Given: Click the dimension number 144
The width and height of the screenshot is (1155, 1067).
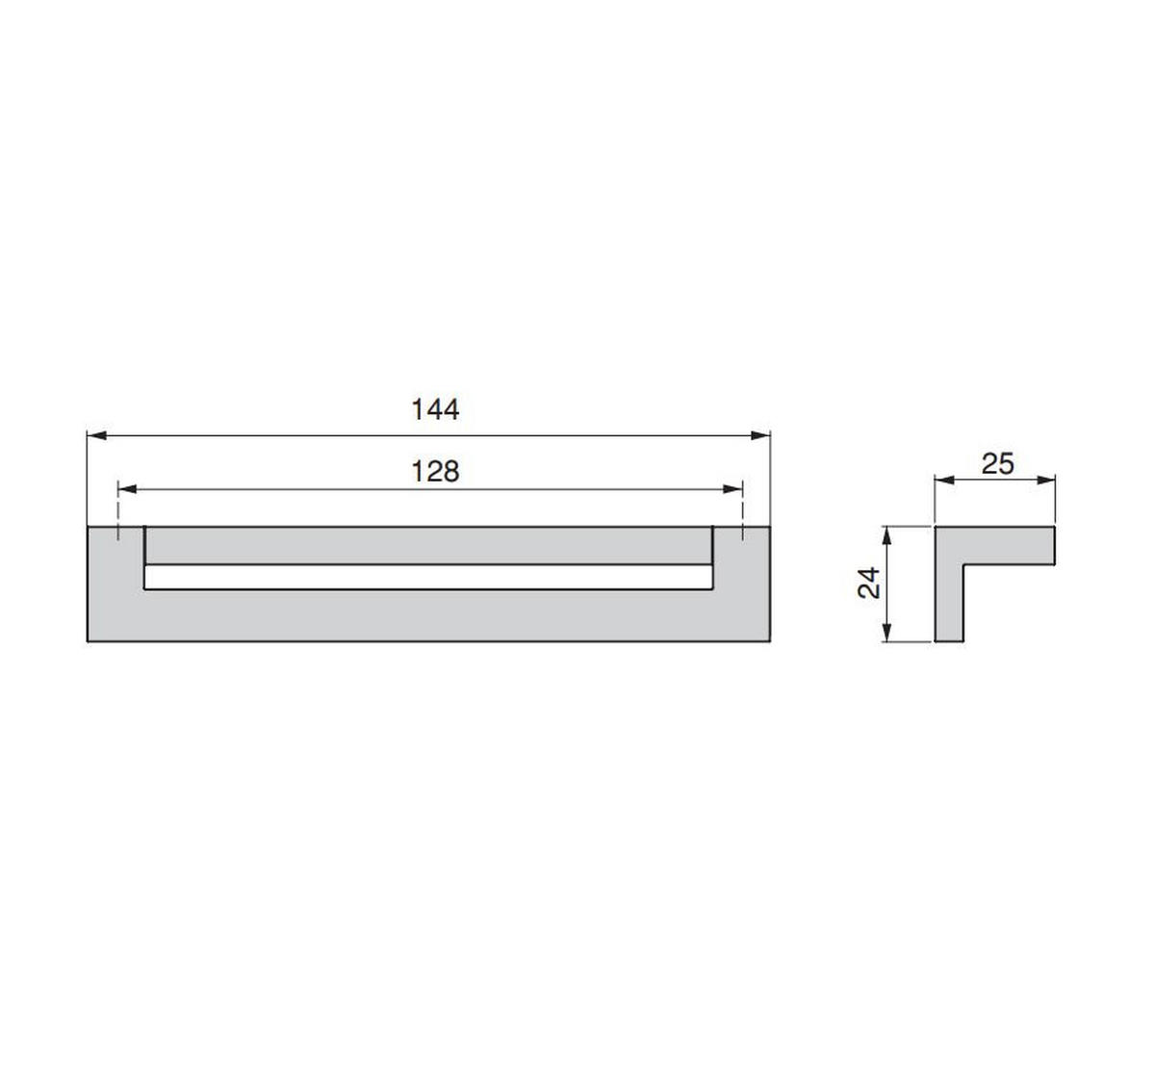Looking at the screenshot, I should click(435, 410).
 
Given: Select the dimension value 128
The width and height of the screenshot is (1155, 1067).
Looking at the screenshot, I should click(435, 472).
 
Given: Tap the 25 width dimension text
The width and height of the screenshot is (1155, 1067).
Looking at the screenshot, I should click(997, 464).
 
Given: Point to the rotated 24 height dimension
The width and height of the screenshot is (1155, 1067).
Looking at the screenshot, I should click(870, 583).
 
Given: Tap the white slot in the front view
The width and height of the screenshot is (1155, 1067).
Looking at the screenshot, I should click(428, 577).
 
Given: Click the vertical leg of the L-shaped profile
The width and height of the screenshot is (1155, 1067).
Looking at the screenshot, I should click(948, 597).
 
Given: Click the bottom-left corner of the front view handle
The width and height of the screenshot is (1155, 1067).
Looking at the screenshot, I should click(88, 641).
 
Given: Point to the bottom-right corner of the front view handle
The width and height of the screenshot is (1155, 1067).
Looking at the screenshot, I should click(771, 641).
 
